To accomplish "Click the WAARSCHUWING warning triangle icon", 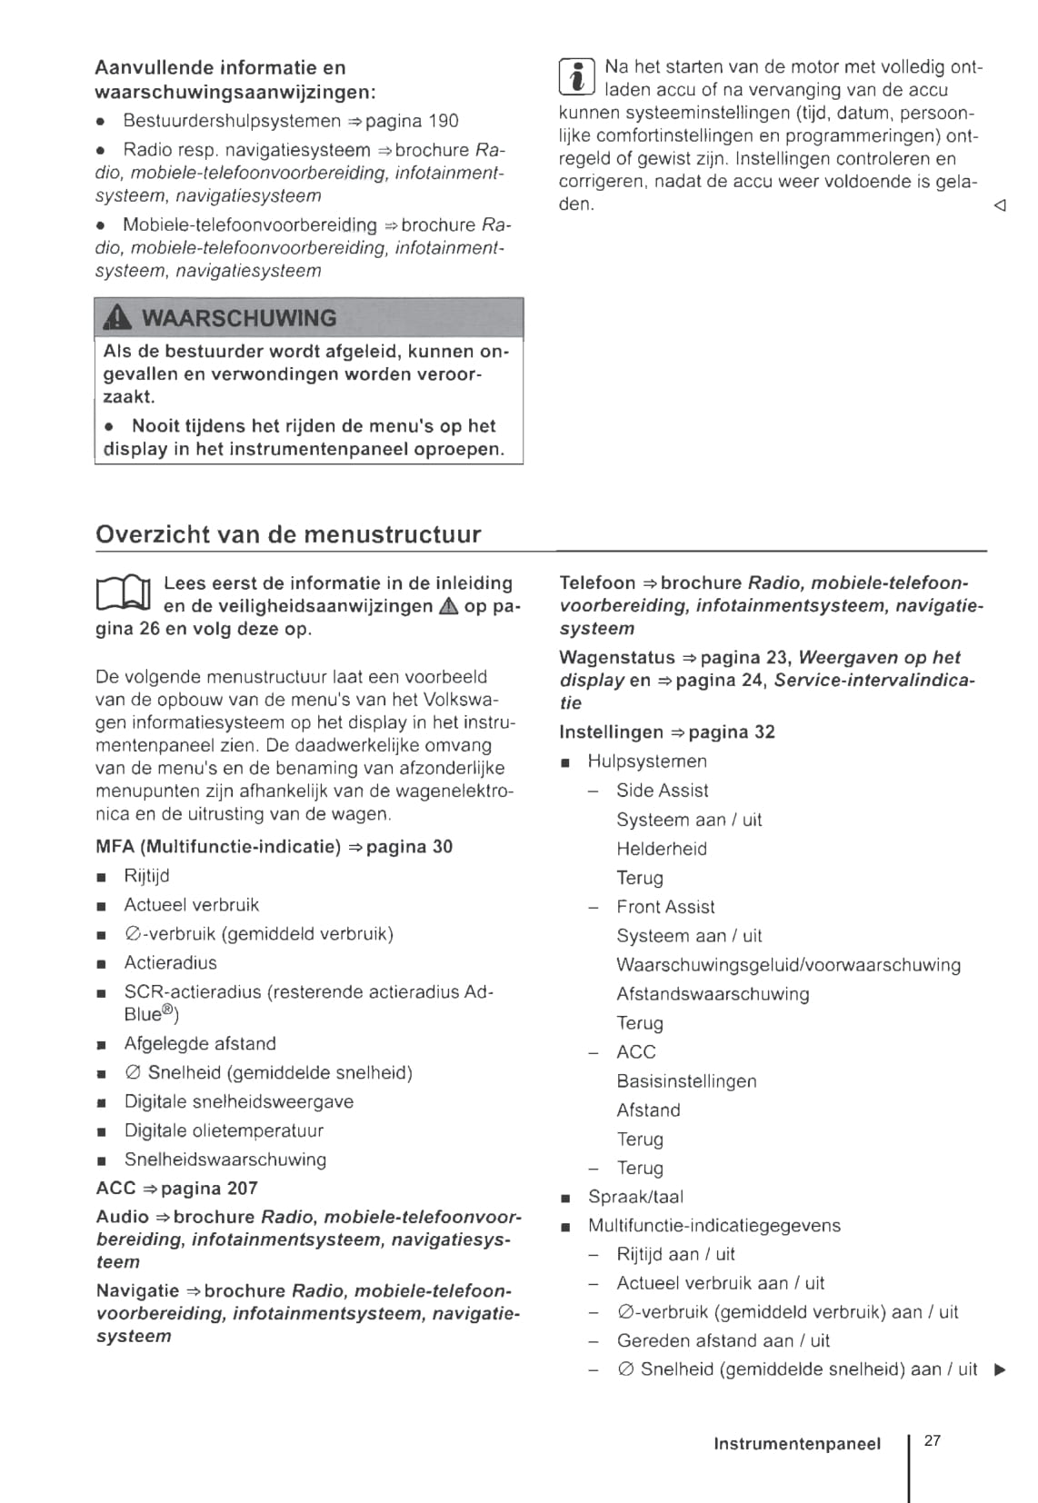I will [x=118, y=317].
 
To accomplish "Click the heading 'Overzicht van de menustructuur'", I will [x=288, y=534].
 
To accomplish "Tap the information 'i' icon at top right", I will [x=576, y=76].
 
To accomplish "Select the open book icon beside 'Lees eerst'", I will [x=123, y=594].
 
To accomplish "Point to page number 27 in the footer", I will [x=933, y=1440].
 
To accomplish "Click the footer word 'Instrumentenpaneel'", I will [x=797, y=1444].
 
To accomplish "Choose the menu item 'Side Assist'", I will [x=662, y=791].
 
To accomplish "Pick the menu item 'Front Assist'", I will [x=665, y=907].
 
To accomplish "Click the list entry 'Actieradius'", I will [x=171, y=962].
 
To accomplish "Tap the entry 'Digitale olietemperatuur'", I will [x=224, y=1130].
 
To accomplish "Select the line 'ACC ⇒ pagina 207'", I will [x=177, y=1189].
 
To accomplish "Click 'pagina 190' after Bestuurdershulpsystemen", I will [x=413, y=121].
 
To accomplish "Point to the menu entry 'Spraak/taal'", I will [x=635, y=1197].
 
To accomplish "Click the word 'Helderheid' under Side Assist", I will [x=662, y=849].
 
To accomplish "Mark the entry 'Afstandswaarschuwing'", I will [x=713, y=994].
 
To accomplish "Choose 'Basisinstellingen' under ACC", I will [x=686, y=1081].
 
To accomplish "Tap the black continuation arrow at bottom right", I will [x=1001, y=1369].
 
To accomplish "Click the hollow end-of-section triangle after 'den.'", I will [x=1000, y=206].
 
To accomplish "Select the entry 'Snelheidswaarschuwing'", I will [x=225, y=1160].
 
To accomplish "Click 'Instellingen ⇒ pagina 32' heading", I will [x=667, y=732].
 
